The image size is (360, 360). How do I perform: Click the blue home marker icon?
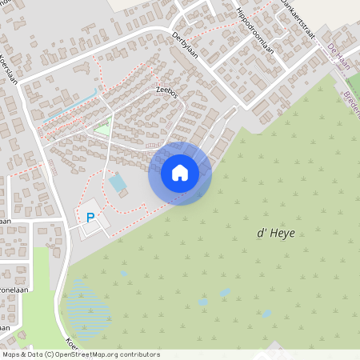point(180,172)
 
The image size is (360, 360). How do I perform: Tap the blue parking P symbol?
point(90,217)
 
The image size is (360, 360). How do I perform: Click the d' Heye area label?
point(271,233)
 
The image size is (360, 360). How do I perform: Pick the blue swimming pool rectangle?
point(118,182)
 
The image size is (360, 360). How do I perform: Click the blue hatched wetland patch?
point(87,304)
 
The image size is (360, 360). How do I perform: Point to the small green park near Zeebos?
point(102,126)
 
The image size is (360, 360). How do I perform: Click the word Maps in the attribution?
point(12,354)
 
